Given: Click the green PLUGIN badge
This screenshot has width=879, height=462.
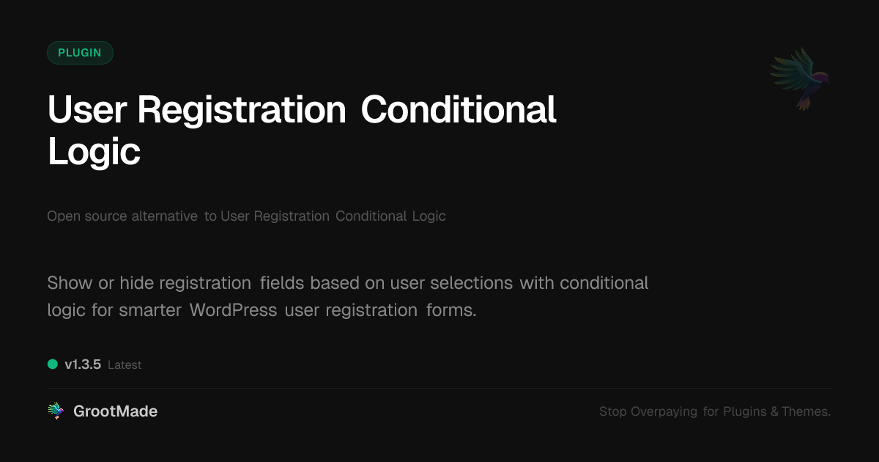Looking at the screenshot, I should [x=80, y=53].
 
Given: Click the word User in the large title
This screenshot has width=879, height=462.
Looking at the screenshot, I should [x=87, y=110].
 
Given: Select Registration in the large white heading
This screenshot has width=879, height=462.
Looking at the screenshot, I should [x=242, y=110].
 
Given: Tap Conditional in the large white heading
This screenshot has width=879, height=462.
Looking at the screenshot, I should [x=459, y=110].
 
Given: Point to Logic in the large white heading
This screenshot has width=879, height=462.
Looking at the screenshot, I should [x=94, y=152].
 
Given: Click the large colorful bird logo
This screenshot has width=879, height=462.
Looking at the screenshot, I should [x=800, y=78].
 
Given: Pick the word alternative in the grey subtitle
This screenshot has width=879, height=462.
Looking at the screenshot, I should [x=164, y=216].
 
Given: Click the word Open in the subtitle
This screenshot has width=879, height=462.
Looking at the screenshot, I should [x=62, y=216].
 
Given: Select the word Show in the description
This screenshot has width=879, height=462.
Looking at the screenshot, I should [x=70, y=283].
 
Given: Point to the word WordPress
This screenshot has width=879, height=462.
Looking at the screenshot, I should [x=233, y=310].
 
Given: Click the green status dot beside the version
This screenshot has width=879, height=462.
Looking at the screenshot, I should [x=53, y=364].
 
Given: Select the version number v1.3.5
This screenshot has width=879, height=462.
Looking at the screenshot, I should [x=83, y=364].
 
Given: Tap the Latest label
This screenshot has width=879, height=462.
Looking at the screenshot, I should [x=125, y=365].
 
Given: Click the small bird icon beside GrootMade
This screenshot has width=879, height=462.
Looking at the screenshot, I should [x=56, y=411].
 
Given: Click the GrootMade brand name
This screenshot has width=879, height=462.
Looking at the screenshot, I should [x=115, y=411].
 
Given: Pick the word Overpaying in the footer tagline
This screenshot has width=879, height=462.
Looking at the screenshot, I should [x=664, y=412].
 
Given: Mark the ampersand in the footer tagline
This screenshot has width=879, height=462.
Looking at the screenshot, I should [x=774, y=412].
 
